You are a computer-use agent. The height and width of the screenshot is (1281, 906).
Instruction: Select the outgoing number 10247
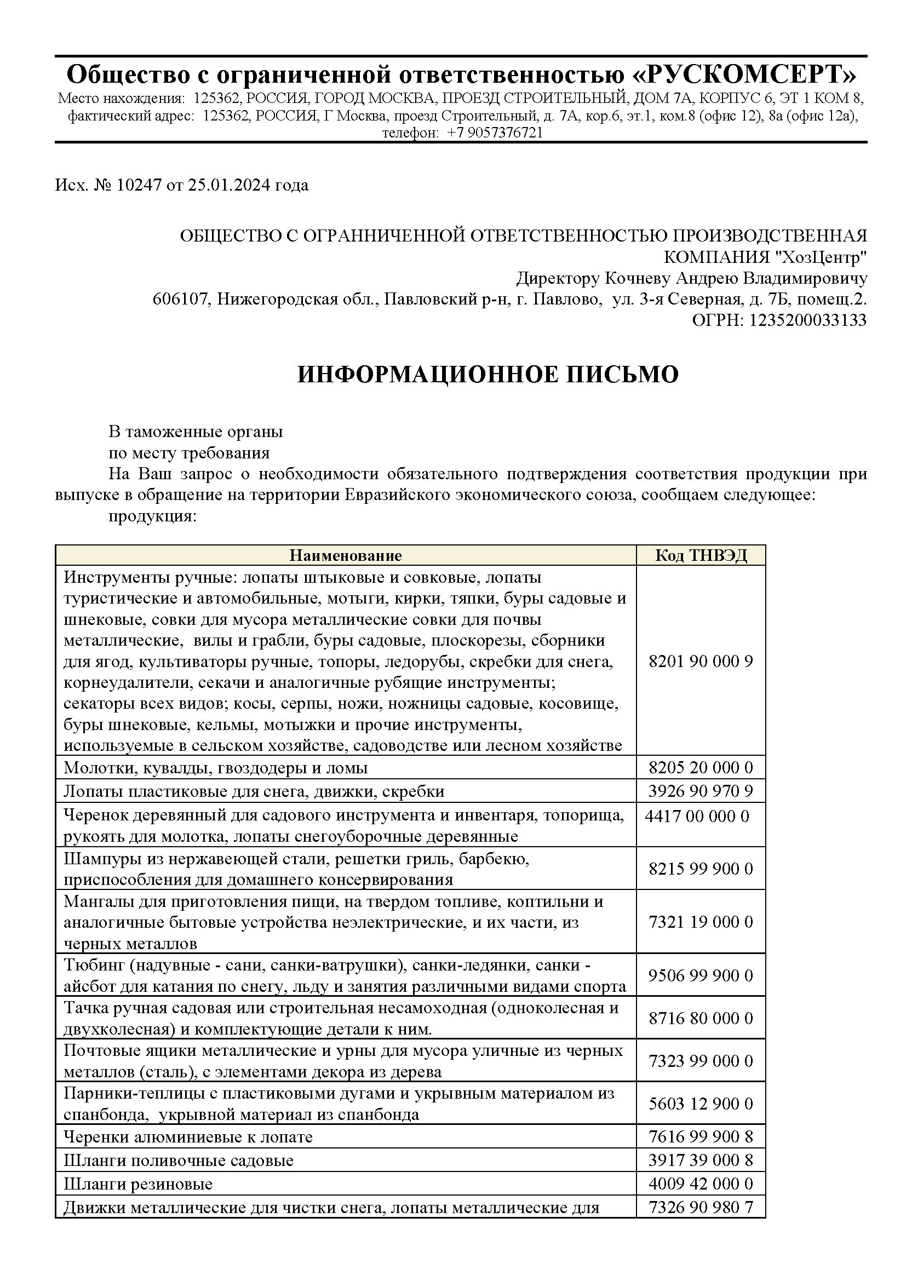(139, 185)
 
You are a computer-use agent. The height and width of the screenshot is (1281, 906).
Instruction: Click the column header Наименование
(345, 555)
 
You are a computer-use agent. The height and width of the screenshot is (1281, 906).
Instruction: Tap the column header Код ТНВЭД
(701, 555)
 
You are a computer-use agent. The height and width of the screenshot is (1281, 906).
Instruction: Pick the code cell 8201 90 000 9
(701, 662)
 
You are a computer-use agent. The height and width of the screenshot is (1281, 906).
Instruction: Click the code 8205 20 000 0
(701, 768)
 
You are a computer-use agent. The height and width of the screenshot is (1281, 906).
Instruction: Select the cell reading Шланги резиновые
(139, 1184)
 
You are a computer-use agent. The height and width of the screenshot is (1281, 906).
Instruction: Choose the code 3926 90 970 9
(701, 791)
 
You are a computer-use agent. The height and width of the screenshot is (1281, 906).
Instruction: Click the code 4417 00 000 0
(697, 816)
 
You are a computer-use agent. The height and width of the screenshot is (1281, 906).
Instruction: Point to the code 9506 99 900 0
(701, 975)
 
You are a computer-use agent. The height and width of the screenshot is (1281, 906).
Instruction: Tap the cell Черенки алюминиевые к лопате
(188, 1137)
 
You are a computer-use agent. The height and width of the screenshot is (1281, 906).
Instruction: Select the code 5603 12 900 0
(701, 1104)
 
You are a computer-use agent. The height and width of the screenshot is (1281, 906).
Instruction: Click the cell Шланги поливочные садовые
(179, 1161)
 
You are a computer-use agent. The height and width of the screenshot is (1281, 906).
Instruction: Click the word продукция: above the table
(152, 516)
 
